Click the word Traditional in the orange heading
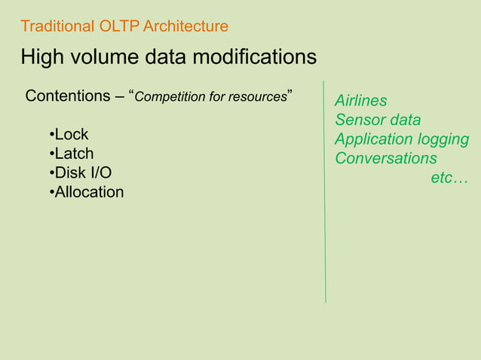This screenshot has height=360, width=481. pyautogui.click(x=58, y=27)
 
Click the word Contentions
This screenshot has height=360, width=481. pyautogui.click(x=68, y=96)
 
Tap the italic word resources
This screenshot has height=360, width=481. pyautogui.click(x=259, y=97)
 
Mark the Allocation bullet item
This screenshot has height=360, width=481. pyautogui.click(x=88, y=192)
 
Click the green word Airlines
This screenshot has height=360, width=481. pyautogui.click(x=361, y=101)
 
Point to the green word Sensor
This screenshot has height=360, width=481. pyautogui.click(x=358, y=121)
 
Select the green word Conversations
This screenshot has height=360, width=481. pyautogui.click(x=385, y=159)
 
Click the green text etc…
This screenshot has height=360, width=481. pyautogui.click(x=449, y=178)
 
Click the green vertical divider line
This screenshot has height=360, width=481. pyautogui.click(x=325, y=226)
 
